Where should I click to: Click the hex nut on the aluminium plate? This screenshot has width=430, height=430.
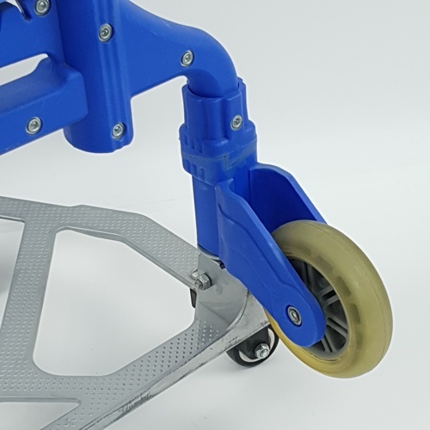(x=201, y=280)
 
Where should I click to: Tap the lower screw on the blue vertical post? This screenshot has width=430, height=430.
(x=119, y=131)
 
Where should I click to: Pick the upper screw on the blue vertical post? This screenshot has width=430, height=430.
(x=106, y=34)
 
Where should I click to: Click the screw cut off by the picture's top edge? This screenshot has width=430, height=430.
(x=41, y=6)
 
